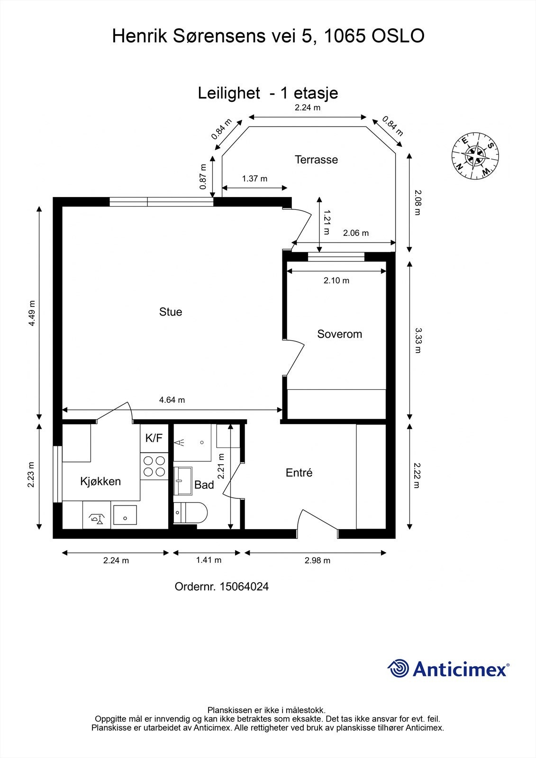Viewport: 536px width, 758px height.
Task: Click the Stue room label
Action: coord(170,312)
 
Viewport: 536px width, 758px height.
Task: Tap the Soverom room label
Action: coord(339,334)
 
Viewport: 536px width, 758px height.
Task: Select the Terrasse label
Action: coord(316,160)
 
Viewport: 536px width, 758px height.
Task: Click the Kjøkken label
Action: coord(100,481)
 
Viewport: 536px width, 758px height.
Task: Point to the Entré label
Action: coord(299,473)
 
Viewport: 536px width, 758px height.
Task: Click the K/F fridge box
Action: coord(154,439)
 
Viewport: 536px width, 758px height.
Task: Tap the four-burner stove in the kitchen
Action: coord(154,466)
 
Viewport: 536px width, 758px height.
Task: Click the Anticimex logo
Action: coord(448,668)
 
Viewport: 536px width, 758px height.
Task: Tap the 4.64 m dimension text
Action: coord(172,400)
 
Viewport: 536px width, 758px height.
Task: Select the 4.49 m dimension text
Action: coord(32,313)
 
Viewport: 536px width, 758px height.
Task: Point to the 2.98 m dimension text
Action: coord(317,560)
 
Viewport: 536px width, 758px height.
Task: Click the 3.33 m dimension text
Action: coord(418,340)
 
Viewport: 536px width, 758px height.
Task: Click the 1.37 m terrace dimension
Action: coord(254,179)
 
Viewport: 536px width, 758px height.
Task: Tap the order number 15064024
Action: coord(222,587)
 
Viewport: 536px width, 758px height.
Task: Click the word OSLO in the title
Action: coord(398,36)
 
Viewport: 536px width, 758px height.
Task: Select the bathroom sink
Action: coord(183,481)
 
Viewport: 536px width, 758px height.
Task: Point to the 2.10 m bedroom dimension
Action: coord(336,280)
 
